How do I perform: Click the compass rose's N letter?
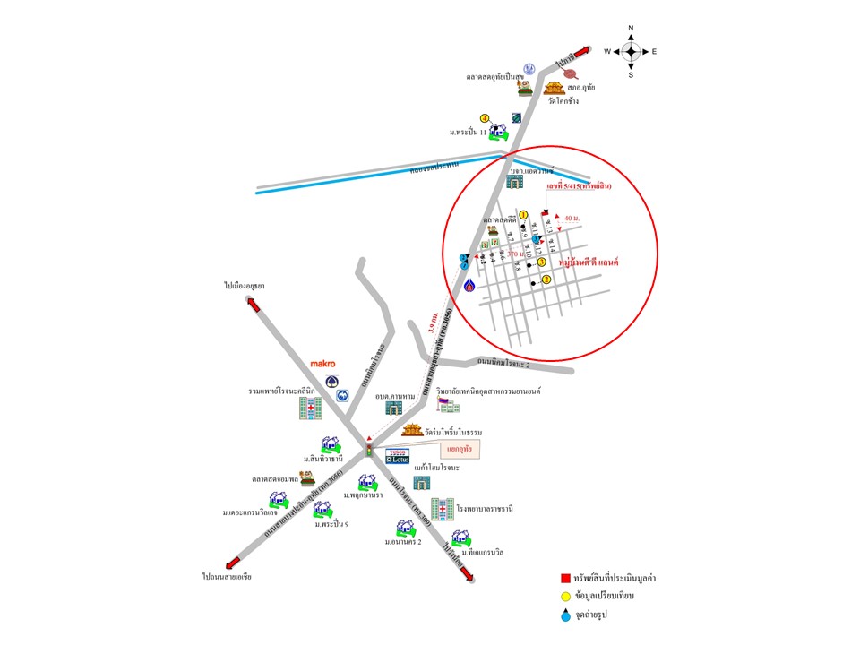(631, 29)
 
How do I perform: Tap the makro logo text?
(322, 365)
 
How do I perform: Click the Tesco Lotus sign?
(397, 454)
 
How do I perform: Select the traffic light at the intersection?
(368, 450)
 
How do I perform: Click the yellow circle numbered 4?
(485, 117)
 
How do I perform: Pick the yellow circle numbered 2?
(546, 279)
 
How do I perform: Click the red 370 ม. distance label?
(515, 254)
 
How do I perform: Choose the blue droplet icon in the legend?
(565, 615)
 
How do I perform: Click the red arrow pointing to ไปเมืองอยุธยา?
(254, 302)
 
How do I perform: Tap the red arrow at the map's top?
(583, 50)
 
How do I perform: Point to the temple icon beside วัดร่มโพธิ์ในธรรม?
(413, 432)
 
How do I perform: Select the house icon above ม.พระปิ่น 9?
(322, 510)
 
